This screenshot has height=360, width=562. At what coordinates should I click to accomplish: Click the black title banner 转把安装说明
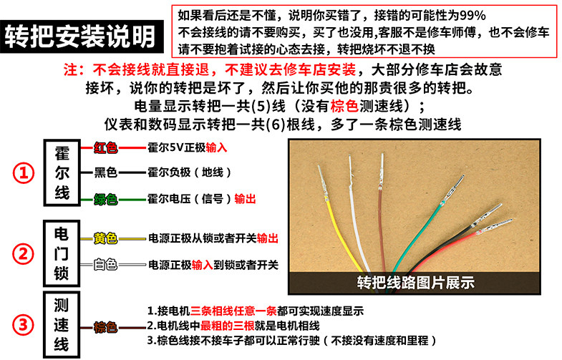click(x=82, y=37)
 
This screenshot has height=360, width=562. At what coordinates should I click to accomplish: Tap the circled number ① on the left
click(x=24, y=173)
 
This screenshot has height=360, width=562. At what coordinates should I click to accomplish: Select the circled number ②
click(x=24, y=254)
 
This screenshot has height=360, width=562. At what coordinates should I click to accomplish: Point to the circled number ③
click(x=24, y=325)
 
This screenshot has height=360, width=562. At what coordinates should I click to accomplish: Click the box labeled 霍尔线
click(x=62, y=172)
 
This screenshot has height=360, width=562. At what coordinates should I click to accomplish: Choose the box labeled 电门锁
click(x=62, y=253)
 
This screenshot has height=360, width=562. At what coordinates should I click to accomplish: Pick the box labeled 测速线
click(x=62, y=325)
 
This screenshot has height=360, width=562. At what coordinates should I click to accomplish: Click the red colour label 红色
click(x=106, y=147)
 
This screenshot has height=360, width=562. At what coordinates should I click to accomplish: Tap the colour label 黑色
click(x=106, y=172)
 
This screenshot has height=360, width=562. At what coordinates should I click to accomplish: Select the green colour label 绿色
click(x=106, y=199)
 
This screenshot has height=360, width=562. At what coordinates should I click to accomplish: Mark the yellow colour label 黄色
click(x=106, y=238)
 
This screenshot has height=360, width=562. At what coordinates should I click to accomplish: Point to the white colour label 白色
click(x=106, y=265)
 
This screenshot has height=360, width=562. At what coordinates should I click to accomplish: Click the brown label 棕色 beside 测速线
click(x=106, y=327)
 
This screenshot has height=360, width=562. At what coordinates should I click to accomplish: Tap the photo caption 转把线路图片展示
click(x=416, y=283)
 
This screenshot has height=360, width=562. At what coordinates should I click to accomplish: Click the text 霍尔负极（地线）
click(x=190, y=172)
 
